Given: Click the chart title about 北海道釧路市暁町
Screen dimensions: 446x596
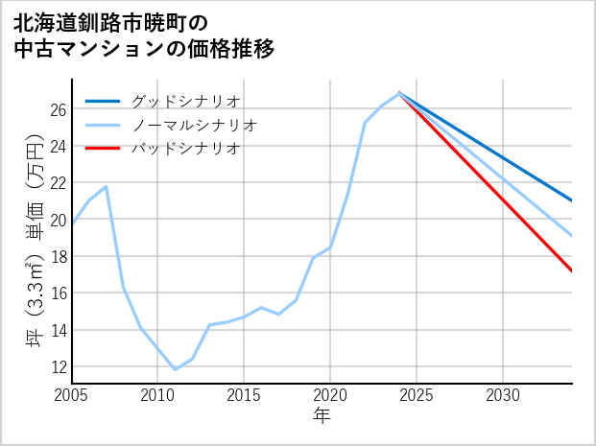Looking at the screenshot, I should tap(144, 35).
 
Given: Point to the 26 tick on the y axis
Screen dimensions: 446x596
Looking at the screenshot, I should tap(58, 109).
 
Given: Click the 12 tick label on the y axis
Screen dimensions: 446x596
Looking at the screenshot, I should tap(58, 366).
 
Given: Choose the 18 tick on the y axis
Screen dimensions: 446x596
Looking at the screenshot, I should tap(58, 256).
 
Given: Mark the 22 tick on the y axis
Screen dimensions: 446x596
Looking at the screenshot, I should tap(58, 183).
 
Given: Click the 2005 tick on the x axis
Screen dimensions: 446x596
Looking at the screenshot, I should tap(72, 395).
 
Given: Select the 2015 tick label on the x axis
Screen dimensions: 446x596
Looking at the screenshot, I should tap(244, 395).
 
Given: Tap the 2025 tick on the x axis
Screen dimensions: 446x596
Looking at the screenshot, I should tap(417, 395).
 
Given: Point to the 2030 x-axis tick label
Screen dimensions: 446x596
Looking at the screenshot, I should tap(503, 395).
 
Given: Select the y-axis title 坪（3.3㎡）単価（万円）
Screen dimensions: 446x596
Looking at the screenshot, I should tap(35, 240).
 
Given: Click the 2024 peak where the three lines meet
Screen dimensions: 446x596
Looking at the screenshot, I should tap(399, 93).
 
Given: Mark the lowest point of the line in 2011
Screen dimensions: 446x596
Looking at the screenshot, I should tap(175, 369).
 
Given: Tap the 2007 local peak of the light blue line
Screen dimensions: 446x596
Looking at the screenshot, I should tap(106, 186).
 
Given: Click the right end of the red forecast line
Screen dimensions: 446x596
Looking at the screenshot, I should tap(572, 271).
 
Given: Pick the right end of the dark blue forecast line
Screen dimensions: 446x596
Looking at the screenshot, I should tap(572, 200).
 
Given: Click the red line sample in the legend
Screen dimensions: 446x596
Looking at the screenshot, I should tap(103, 149).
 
